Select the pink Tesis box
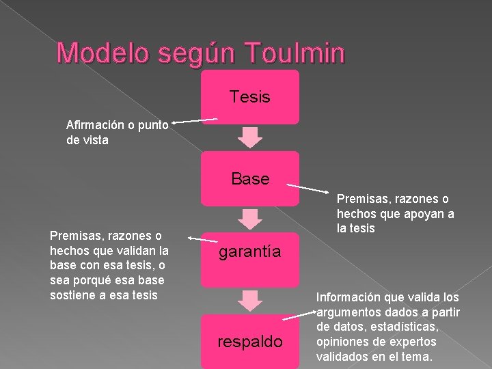click(250, 97)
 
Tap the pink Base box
click(250, 178)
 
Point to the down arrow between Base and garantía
click(250, 218)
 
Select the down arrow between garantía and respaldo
click(250, 300)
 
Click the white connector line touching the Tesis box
click(195, 120)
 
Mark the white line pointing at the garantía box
click(203, 240)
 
